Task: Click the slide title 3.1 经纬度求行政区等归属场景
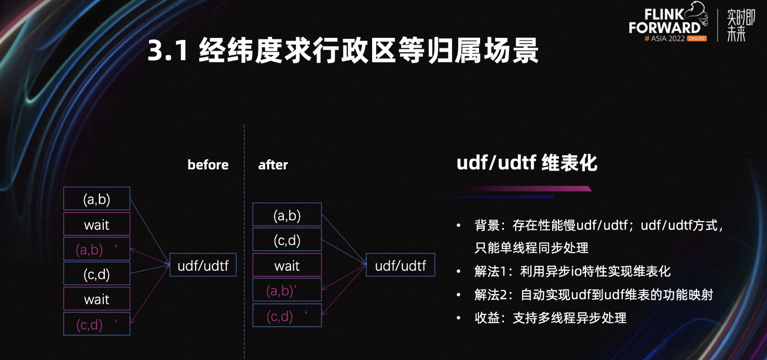click(343, 50)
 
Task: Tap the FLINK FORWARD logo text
click(664, 21)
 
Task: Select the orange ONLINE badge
click(697, 38)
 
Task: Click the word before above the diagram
click(208, 165)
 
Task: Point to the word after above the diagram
click(273, 165)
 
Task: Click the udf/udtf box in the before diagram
click(203, 265)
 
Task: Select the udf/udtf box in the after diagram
click(401, 265)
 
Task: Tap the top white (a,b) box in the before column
click(97, 199)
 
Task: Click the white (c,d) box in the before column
click(97, 273)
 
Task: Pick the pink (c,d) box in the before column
click(97, 324)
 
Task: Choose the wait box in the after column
click(287, 265)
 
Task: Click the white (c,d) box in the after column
click(287, 240)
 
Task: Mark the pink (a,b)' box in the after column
click(287, 290)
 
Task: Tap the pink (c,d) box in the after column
click(287, 315)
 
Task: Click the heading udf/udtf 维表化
click(527, 162)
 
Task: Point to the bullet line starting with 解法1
click(572, 271)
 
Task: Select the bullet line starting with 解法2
click(594, 295)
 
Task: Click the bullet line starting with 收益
click(551, 318)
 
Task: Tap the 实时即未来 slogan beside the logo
click(741, 25)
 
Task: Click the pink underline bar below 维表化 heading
click(527, 188)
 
